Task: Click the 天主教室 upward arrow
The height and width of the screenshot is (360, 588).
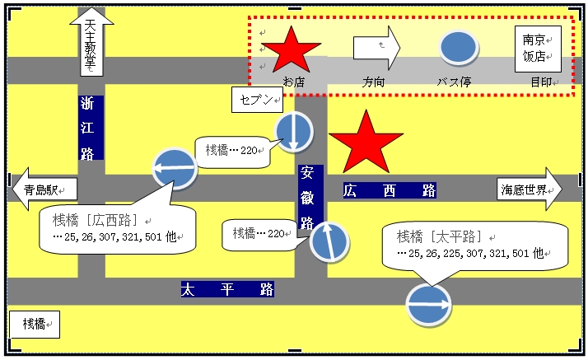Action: tap(91, 42)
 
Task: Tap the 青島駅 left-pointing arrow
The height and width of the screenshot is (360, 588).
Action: tap(44, 189)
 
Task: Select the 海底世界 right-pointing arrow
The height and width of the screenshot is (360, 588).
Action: tap(530, 189)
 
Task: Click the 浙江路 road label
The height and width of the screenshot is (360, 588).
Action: tap(91, 128)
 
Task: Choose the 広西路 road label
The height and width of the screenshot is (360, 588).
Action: tap(390, 190)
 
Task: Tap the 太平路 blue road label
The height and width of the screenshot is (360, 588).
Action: tap(227, 289)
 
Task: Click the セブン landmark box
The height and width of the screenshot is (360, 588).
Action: tap(257, 100)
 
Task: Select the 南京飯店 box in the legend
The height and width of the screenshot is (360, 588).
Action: tap(538, 49)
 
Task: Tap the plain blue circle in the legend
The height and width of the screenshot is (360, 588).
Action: tap(458, 48)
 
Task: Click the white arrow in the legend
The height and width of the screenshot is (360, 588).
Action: tap(376, 48)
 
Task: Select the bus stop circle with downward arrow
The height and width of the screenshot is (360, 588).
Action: tap(294, 132)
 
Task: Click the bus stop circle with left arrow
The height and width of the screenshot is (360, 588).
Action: tap(175, 168)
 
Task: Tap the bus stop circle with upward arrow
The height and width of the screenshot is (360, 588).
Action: tap(329, 242)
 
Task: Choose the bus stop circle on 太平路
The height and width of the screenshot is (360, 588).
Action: tap(428, 305)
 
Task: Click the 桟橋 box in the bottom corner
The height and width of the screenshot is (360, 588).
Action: tap(35, 325)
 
